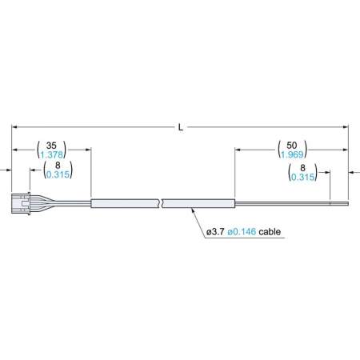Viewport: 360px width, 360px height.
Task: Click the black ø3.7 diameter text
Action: point(215,232)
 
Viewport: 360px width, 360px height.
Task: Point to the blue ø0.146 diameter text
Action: point(243,232)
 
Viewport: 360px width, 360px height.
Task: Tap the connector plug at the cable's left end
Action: point(22,204)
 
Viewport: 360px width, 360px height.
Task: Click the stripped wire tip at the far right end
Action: point(340,204)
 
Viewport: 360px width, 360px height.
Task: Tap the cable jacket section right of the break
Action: point(200,204)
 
